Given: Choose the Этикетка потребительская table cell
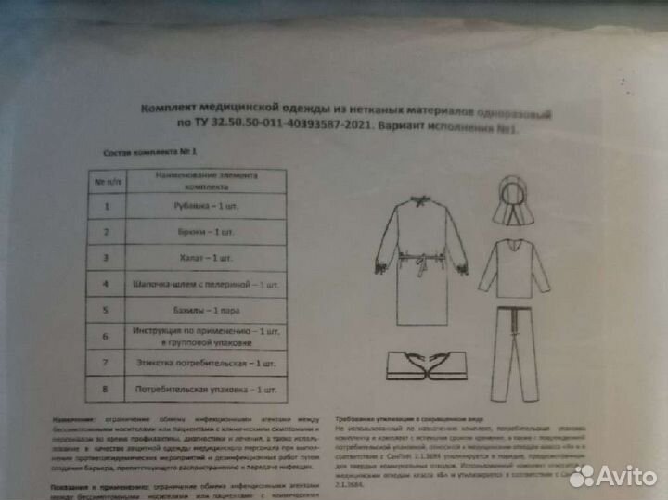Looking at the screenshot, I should [205, 362].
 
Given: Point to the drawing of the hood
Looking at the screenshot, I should [513, 201].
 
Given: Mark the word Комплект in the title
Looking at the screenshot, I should [170, 109].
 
